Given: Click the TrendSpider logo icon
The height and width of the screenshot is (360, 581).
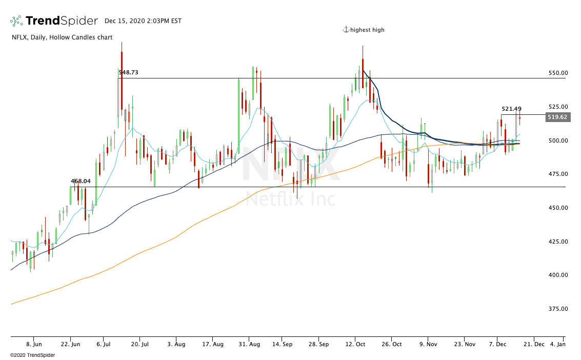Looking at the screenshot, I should [16, 21].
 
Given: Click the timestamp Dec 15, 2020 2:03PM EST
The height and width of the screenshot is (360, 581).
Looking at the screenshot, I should [143, 21].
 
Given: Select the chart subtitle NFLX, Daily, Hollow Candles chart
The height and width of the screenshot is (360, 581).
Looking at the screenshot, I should [62, 37].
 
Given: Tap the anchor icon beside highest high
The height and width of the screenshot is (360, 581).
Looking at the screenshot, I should [346, 30].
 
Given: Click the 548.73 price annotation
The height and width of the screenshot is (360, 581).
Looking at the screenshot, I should [128, 73].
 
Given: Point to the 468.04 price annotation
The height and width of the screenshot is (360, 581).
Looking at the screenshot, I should [81, 181].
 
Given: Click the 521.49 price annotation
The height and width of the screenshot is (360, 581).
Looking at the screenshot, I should [511, 109].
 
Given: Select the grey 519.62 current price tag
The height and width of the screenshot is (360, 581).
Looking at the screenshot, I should [557, 117].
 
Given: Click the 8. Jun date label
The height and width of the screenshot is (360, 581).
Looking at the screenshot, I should [34, 345].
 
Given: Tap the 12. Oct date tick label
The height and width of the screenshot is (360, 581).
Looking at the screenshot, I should [355, 345].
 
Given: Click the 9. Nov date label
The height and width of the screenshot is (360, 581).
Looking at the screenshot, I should [428, 345].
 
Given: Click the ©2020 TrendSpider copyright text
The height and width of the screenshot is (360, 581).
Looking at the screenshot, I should [32, 355].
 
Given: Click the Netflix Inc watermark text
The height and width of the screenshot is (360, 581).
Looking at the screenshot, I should [290, 199].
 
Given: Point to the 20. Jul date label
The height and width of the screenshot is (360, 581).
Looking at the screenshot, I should [140, 345].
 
